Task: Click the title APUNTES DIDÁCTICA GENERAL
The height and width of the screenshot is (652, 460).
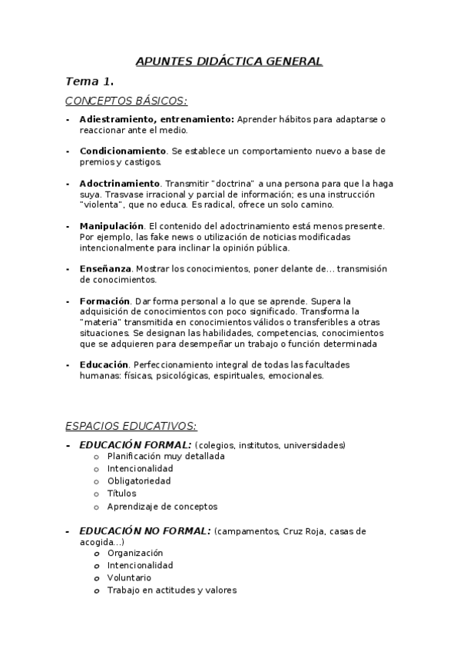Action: point(229,62)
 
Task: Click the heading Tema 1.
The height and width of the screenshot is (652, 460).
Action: point(90,81)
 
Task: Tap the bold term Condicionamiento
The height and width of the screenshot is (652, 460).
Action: point(122,151)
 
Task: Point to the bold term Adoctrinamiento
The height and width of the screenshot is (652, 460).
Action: point(120,183)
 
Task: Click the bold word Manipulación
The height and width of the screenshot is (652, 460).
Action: point(111,226)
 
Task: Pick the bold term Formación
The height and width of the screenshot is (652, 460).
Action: point(104,301)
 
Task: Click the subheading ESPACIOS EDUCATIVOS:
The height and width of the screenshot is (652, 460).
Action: point(131,426)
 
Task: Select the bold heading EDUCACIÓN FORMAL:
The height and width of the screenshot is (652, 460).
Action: point(135,445)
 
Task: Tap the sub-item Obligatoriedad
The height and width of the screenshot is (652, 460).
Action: point(139,481)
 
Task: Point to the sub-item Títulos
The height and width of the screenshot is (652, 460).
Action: point(122,494)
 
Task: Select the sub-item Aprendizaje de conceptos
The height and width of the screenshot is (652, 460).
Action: point(162,507)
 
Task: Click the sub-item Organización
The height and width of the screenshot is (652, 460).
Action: point(135,553)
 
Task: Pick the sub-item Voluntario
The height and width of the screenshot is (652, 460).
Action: point(129,578)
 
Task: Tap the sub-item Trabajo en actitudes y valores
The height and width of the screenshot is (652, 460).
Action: point(172,590)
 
